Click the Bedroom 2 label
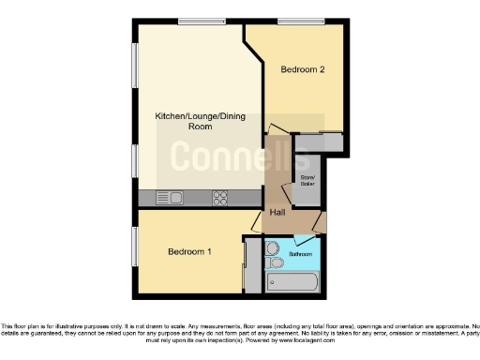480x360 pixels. point(303,69)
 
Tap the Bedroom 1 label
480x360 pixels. point(189,251)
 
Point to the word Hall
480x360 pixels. point(277,213)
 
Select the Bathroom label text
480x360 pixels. point(300,254)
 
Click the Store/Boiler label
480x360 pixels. point(307,180)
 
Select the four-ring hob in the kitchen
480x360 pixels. point(221,198)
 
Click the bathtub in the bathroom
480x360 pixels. point(293,280)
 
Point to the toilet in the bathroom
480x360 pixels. point(272,249)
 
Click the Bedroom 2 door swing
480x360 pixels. point(274,131)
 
